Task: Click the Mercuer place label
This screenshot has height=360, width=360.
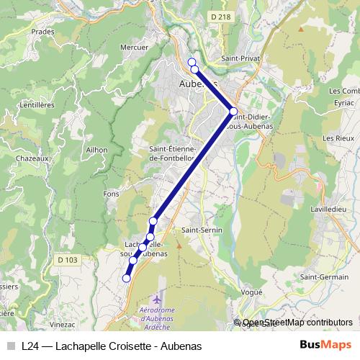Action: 135,48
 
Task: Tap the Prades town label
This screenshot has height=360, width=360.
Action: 43,32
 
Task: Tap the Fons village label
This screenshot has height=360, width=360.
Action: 111,194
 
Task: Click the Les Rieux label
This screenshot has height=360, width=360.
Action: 336,138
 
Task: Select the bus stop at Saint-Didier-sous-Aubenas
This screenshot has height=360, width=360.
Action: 233,111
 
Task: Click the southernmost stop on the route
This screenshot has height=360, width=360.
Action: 126,278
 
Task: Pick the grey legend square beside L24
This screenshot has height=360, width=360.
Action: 11,346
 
